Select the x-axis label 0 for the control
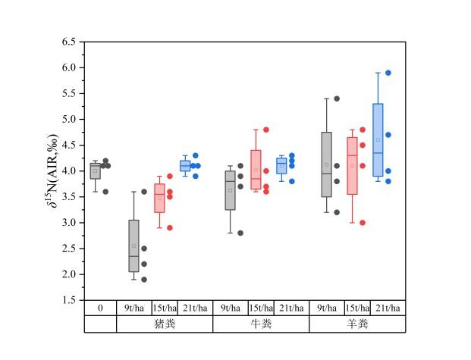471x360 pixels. tap(100, 308)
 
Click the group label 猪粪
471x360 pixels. tap(165, 324)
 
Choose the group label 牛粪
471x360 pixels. tap(261, 324)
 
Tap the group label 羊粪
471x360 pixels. tap(357, 324)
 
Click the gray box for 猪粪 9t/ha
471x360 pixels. tap(133, 246)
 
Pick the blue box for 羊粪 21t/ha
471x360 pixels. tap(378, 140)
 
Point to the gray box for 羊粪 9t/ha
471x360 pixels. tap(327, 164)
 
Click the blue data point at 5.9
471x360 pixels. tap(388, 73)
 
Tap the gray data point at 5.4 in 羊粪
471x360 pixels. tap(337, 99)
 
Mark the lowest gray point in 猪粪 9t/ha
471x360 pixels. tap(144, 279)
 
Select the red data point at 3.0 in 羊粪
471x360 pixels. tap(363, 223)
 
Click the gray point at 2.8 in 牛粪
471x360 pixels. tap(240, 233)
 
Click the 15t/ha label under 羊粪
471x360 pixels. tap(357, 308)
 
